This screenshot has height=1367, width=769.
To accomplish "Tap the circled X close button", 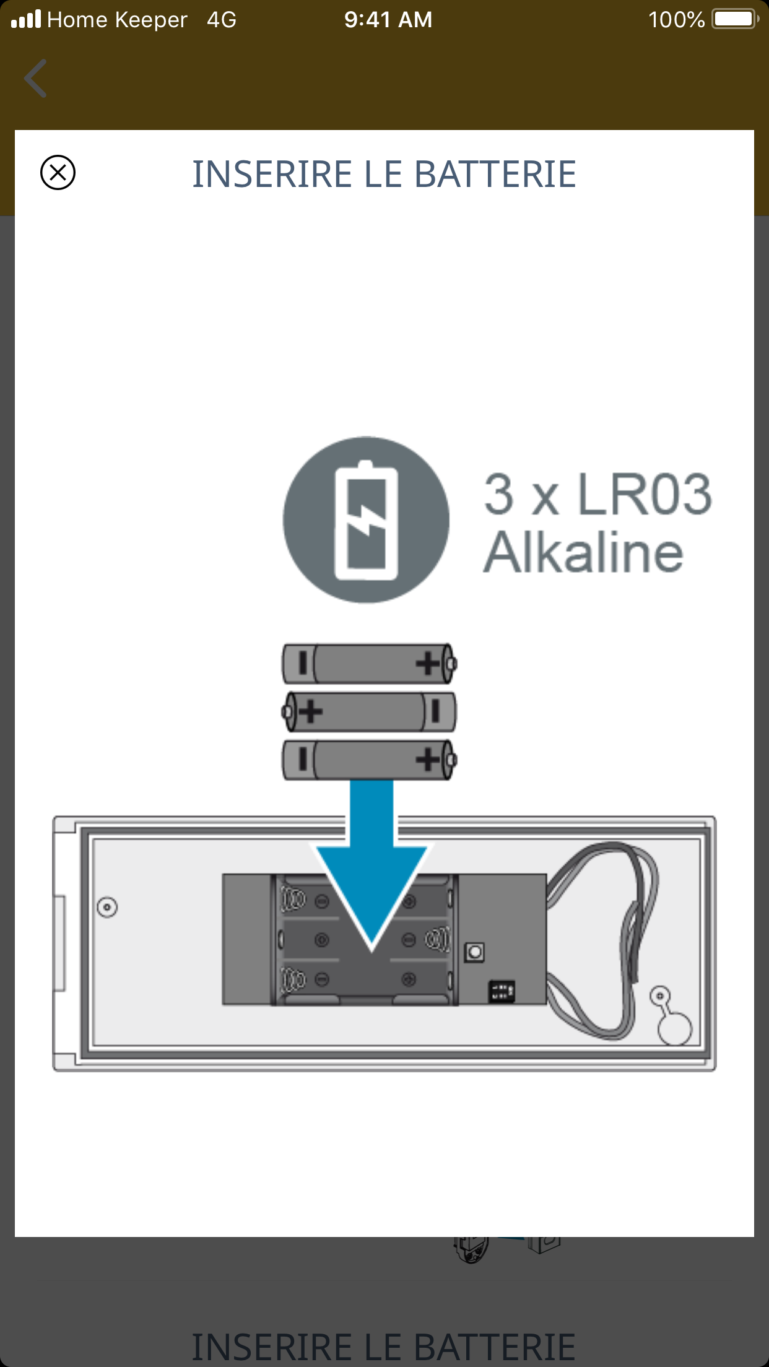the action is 58,172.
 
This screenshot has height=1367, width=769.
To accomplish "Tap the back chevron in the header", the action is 35,79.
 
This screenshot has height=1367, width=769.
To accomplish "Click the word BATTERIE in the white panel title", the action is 495,174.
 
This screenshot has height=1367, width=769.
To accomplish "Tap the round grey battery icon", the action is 366,520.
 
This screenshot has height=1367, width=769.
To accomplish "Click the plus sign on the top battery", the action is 428,664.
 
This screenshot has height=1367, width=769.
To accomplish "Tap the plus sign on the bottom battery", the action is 428,759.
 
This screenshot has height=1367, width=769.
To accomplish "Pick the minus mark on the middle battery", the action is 435,711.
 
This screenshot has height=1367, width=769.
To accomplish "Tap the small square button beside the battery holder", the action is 475,952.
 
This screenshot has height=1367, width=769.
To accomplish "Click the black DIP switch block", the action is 502,991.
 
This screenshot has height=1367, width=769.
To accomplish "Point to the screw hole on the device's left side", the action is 107,908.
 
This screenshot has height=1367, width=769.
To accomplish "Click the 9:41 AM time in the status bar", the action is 388,20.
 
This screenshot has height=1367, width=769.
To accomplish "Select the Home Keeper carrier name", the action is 117,20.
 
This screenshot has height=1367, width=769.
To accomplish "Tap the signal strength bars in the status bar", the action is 26,19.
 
